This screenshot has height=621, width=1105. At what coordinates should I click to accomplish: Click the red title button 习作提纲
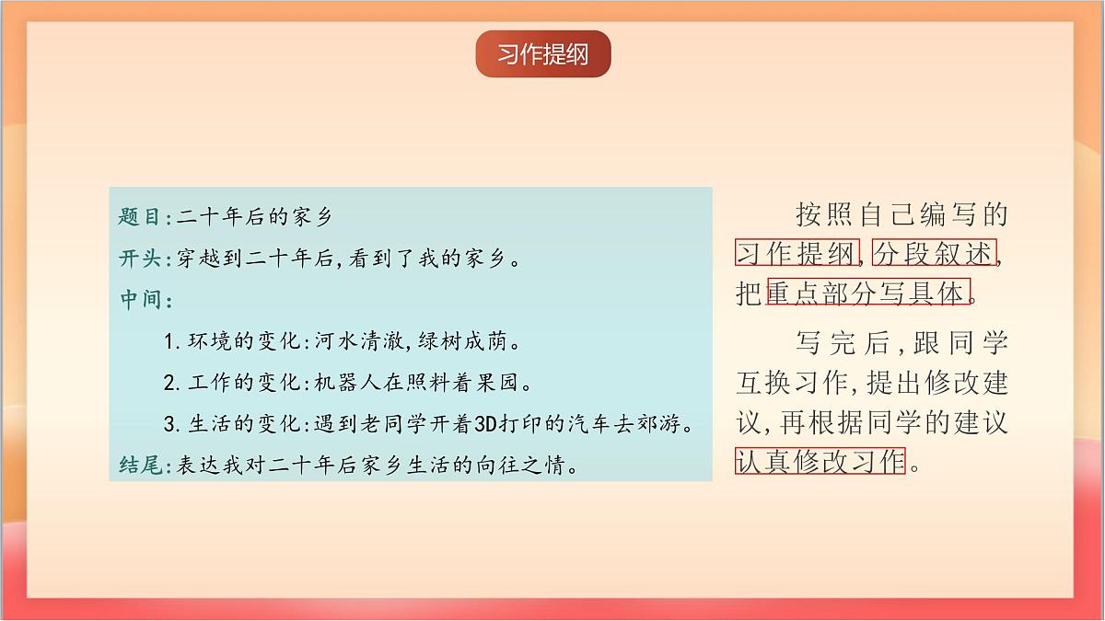point(543,53)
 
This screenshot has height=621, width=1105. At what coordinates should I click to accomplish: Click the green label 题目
point(140,217)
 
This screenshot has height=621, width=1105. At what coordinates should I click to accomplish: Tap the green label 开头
point(140,259)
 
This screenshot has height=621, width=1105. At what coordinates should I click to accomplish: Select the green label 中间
point(140,300)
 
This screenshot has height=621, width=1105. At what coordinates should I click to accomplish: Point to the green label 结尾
point(140,466)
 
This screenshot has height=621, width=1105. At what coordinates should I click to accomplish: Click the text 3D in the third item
point(485,424)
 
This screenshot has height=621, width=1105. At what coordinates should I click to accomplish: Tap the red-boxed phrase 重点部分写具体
point(867,293)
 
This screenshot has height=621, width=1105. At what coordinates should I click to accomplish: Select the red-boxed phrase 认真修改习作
point(820,460)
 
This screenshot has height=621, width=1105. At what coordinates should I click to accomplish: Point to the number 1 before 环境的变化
point(169,342)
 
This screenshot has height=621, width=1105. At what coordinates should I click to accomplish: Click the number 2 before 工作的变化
point(169,383)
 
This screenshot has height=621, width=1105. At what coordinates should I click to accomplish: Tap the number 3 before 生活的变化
point(169,424)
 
